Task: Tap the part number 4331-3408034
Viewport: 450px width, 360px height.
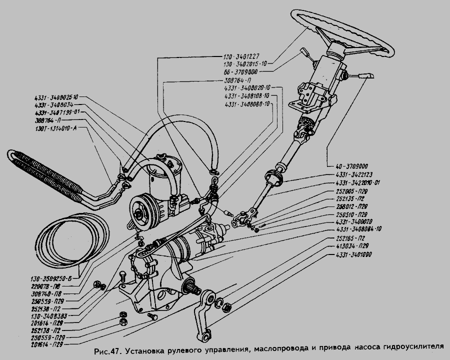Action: pos(54,105)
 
